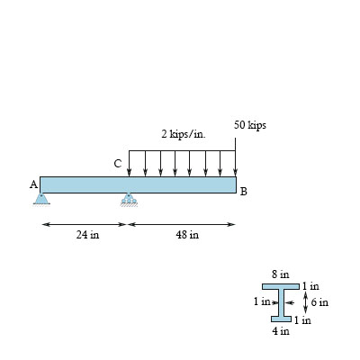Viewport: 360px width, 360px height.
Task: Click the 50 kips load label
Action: [x=249, y=125]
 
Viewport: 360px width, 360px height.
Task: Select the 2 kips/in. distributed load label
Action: [x=184, y=134]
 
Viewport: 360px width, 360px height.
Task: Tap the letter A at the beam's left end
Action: [x=33, y=184]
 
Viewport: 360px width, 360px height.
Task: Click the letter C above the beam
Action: [x=117, y=164]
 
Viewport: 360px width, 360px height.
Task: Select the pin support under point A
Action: [x=41, y=198]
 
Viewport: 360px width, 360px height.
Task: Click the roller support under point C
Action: [x=130, y=199]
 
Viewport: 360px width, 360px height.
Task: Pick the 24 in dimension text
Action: [x=87, y=236]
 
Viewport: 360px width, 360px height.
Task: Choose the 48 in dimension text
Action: [x=187, y=236]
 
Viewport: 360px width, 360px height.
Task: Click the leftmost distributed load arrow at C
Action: [x=130, y=162]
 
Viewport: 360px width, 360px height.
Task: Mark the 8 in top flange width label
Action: [x=280, y=274]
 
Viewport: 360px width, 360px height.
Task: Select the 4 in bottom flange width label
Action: [x=280, y=330]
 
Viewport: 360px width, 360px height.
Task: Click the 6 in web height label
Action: [x=319, y=302]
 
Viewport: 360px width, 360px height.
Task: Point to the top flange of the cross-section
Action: [x=280, y=285]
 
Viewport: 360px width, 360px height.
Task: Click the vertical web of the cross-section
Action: [x=281, y=301]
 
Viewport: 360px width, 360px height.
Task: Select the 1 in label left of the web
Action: [x=261, y=301]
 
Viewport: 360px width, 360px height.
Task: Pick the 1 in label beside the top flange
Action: [x=310, y=285]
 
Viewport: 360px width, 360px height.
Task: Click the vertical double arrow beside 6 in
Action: [x=306, y=301]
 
